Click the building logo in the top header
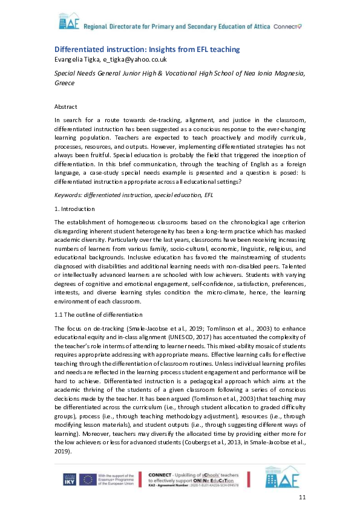point(68,23)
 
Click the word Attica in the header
point(258,27)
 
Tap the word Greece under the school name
point(65,82)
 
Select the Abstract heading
point(66,106)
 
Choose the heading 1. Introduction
point(74,209)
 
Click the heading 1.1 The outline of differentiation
point(99,314)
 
